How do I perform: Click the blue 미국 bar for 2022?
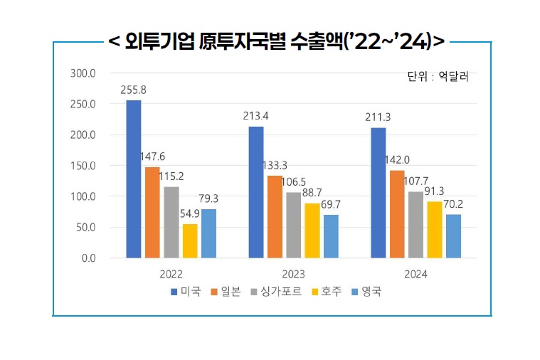point(134,179)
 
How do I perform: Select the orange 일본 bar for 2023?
point(275,216)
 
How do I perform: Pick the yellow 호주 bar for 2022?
point(190,240)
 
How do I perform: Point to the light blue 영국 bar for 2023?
point(331,236)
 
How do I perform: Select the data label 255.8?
point(134,90)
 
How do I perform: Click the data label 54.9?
point(189,213)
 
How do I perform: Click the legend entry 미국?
point(186,292)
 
